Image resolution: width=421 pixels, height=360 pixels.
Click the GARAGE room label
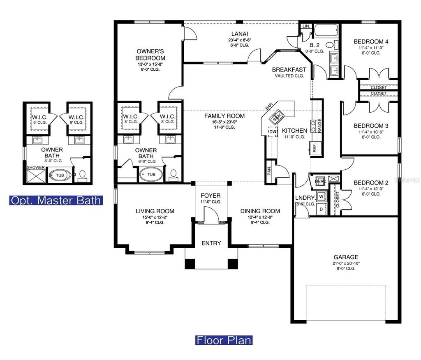[346, 257]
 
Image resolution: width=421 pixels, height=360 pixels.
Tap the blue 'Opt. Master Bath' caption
[56, 201]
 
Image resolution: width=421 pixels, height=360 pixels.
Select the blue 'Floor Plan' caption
[224, 340]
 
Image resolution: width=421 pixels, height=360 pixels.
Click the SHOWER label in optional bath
[35, 168]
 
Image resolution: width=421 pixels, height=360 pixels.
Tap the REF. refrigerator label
[315, 148]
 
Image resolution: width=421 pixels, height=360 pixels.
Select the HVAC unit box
[321, 181]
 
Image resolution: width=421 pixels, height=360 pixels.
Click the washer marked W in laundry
[321, 196]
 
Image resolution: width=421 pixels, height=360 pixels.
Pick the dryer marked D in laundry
[321, 209]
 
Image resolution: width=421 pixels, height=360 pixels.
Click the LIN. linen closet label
[306, 26]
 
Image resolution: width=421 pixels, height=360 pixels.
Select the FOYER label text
[210, 195]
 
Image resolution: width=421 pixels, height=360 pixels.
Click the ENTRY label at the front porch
[211, 243]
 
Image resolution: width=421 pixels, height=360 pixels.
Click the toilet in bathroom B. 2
[330, 45]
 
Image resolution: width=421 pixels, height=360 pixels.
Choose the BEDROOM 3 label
[371, 126]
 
